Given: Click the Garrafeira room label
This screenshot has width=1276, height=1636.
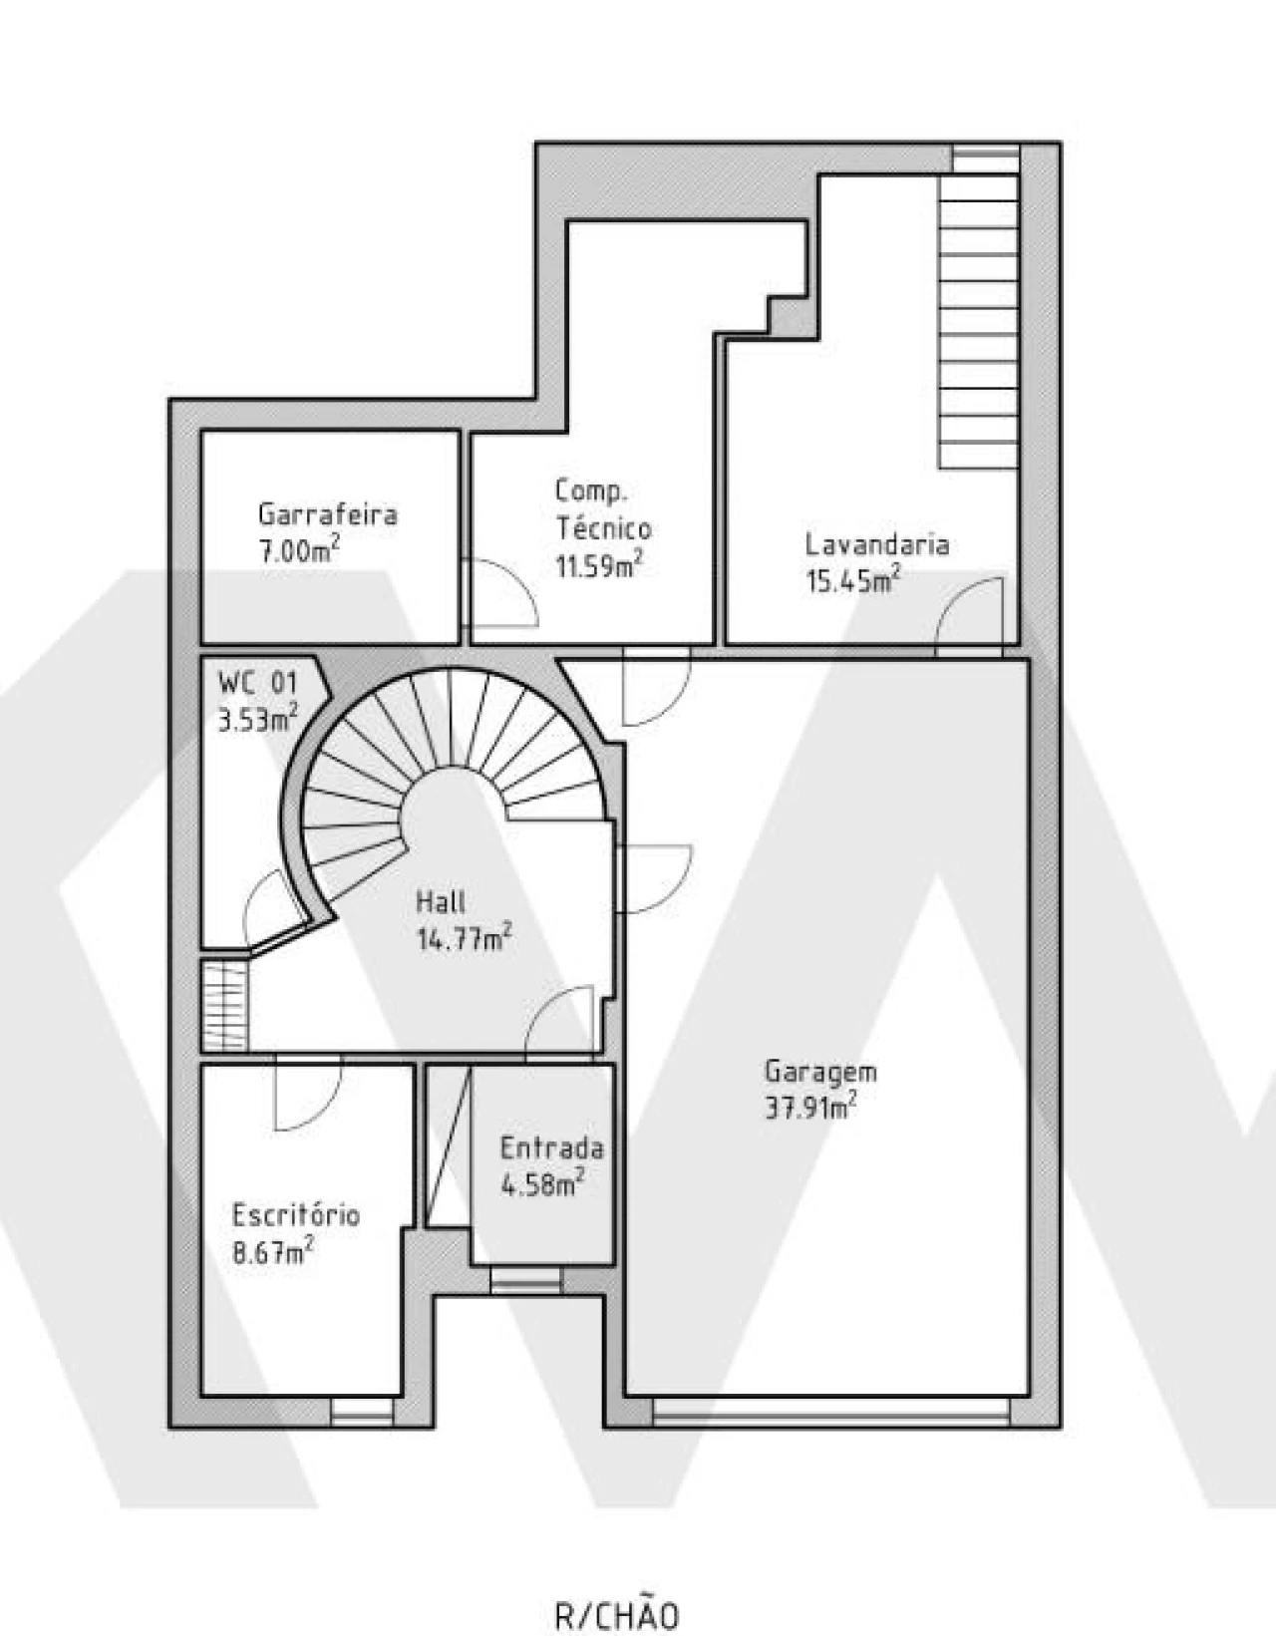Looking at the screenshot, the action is click(x=327, y=514).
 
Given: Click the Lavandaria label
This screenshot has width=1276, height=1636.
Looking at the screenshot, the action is click(x=877, y=544).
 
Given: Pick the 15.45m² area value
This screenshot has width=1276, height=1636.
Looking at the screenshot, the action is click(x=853, y=579).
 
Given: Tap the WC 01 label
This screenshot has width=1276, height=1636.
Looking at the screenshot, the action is click(x=257, y=683).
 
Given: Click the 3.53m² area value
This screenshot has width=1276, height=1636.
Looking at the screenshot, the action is click(x=257, y=718).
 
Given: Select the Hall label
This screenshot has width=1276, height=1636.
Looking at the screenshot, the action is click(x=441, y=902).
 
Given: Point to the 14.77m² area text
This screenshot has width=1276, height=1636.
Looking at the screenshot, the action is click(x=465, y=938).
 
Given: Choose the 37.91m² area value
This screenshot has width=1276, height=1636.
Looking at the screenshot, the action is click(x=810, y=1107).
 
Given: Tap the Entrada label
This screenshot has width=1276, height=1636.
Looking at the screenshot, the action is click(x=552, y=1148).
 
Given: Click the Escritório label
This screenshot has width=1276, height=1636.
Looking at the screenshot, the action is click(x=296, y=1215).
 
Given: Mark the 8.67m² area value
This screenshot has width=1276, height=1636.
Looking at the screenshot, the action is click(x=272, y=1251).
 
